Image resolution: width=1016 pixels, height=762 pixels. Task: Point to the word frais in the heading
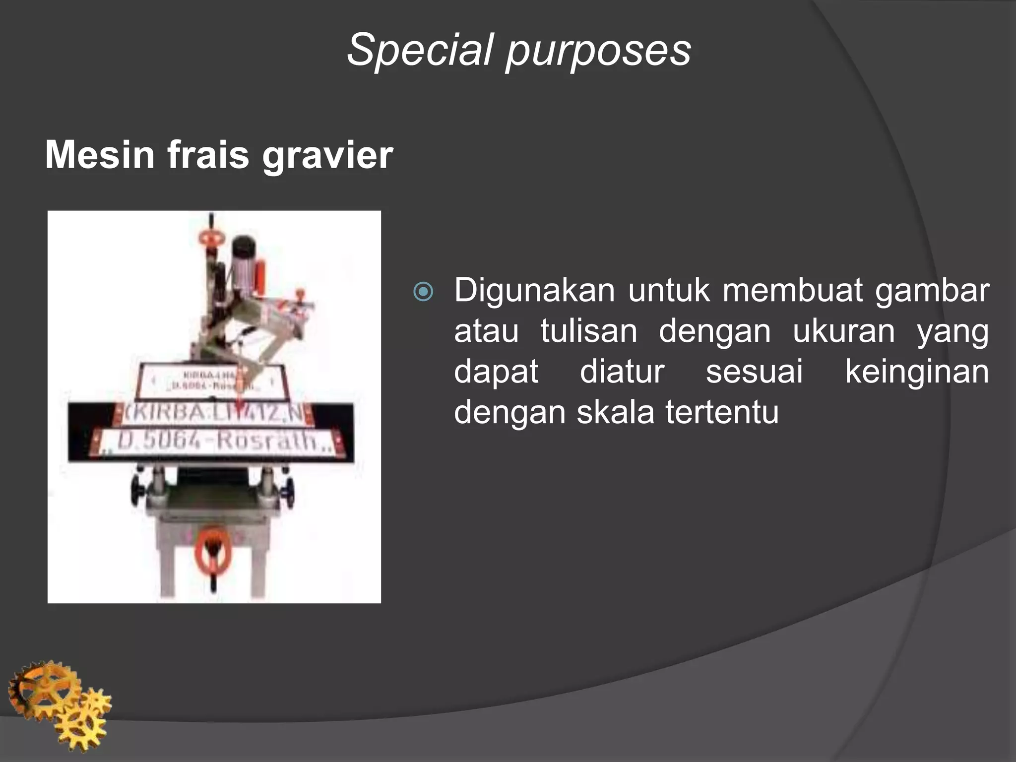(x=208, y=155)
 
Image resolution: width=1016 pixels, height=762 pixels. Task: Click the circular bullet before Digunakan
(x=423, y=292)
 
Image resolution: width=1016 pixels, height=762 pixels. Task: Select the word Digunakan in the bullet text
(x=534, y=291)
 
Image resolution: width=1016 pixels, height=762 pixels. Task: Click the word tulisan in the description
(x=588, y=331)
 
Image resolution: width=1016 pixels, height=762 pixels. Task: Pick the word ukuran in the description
(x=843, y=331)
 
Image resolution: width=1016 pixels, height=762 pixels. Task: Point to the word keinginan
(x=917, y=372)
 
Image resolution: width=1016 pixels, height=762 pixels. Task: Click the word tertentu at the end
(x=722, y=412)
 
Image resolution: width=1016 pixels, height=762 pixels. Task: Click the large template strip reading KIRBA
(x=213, y=413)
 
